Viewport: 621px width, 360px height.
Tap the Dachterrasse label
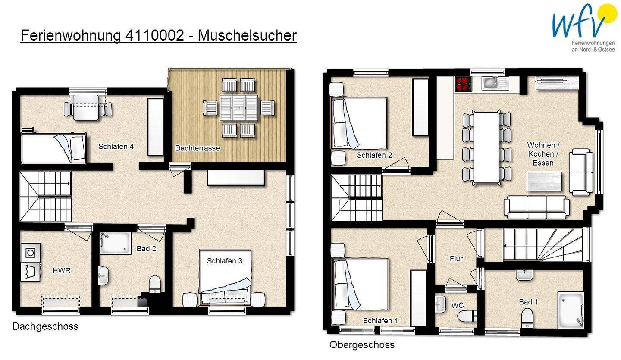(x=197, y=148)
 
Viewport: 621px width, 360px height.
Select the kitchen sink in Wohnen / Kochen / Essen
(x=496, y=83)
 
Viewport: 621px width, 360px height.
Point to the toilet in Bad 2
(x=155, y=285)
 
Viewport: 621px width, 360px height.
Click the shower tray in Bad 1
(x=571, y=309)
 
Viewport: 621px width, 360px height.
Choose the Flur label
(x=456, y=259)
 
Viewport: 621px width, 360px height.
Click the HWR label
(x=61, y=271)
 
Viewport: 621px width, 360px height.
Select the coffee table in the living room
(x=544, y=181)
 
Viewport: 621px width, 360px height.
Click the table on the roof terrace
(x=238, y=108)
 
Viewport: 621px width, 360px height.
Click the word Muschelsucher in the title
(x=247, y=35)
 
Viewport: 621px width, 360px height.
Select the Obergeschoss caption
(x=362, y=345)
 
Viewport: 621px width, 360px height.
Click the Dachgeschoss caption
(x=45, y=326)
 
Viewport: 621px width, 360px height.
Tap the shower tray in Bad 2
(x=116, y=243)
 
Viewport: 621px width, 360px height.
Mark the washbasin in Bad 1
(x=524, y=274)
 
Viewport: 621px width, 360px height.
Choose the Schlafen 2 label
(x=374, y=155)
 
